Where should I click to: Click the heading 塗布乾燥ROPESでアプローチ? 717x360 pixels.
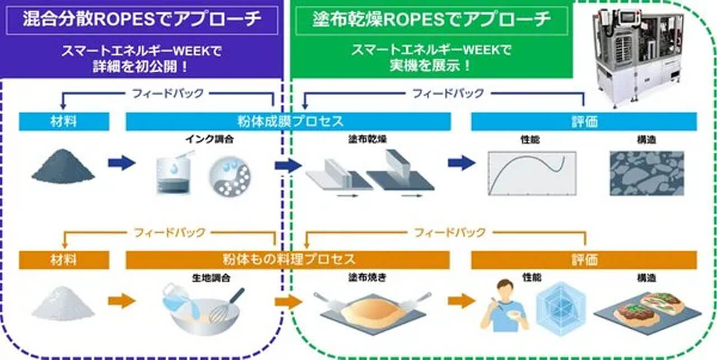pyautogui.click(x=431, y=20)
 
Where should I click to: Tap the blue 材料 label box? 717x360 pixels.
pyautogui.click(x=64, y=121)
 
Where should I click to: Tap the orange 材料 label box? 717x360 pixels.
pyautogui.click(x=64, y=260)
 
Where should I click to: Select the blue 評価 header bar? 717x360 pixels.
pyautogui.click(x=584, y=121)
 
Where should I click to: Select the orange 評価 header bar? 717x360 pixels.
pyautogui.click(x=584, y=260)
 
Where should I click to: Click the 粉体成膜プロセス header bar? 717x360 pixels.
pyautogui.click(x=288, y=121)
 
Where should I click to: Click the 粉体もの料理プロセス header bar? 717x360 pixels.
pyautogui.click(x=288, y=260)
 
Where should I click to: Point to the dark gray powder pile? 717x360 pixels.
pyautogui.click(x=63, y=167)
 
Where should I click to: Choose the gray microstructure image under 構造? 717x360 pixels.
pyautogui.click(x=646, y=173)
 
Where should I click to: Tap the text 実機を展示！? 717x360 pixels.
pyautogui.click(x=431, y=65)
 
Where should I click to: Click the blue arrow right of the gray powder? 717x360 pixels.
pyautogui.click(x=122, y=163)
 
